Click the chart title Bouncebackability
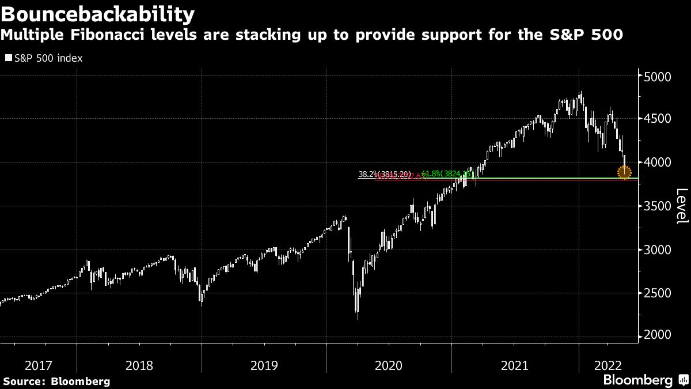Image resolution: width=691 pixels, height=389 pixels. [97, 13]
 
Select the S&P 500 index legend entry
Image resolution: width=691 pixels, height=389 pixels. [44, 58]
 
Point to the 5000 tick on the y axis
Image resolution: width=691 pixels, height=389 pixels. [658, 77]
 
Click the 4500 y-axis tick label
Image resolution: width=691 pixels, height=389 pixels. [658, 119]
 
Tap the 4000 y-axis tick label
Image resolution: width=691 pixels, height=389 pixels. [658, 163]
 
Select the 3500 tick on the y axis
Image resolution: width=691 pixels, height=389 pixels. [658, 206]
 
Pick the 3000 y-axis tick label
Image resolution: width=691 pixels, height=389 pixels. [658, 250]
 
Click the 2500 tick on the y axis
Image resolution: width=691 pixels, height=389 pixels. [658, 293]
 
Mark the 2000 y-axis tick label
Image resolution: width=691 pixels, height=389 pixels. [658, 335]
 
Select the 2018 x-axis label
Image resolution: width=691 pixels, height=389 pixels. [139, 365]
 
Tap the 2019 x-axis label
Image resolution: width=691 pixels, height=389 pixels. [264, 365]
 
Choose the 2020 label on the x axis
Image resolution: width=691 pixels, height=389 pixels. [389, 365]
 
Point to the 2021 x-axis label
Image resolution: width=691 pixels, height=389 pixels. [514, 365]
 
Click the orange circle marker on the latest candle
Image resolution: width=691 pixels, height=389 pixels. [624, 172]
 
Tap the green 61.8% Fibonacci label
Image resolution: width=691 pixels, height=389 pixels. [448, 173]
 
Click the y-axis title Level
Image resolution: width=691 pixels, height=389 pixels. [681, 206]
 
